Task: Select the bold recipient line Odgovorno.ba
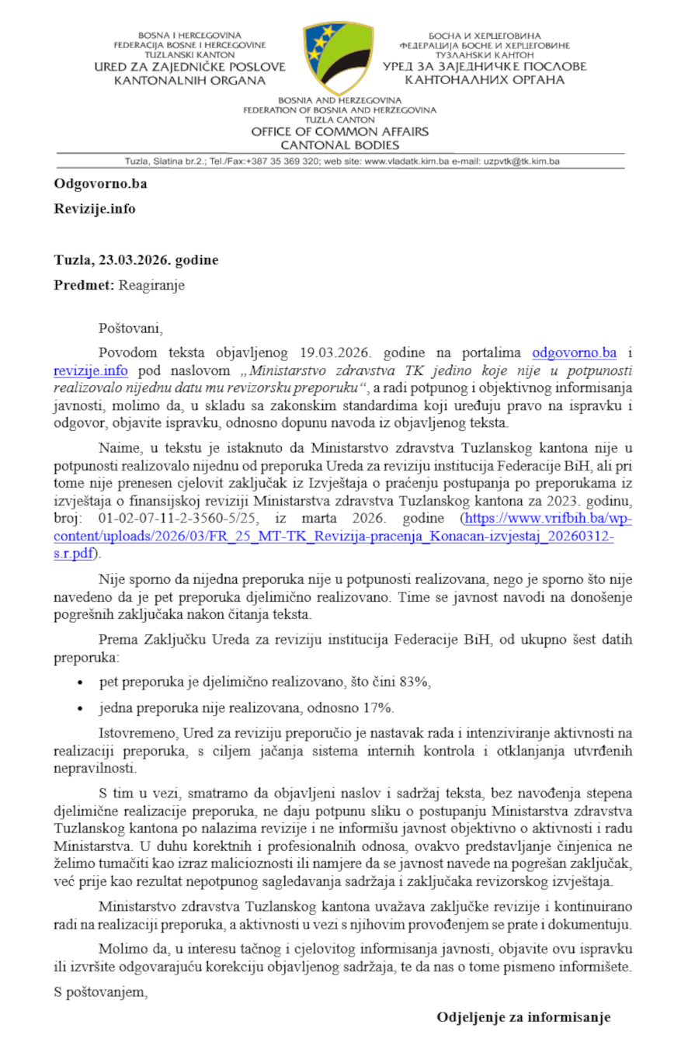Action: coord(100,184)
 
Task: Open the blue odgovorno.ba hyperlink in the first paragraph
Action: coord(575,354)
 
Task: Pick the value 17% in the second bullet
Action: coord(378,707)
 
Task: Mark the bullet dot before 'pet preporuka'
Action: coord(82,683)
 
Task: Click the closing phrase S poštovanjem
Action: coord(101,992)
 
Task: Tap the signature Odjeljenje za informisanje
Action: coord(523,1016)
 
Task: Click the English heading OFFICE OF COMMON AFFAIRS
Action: coord(339,132)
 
